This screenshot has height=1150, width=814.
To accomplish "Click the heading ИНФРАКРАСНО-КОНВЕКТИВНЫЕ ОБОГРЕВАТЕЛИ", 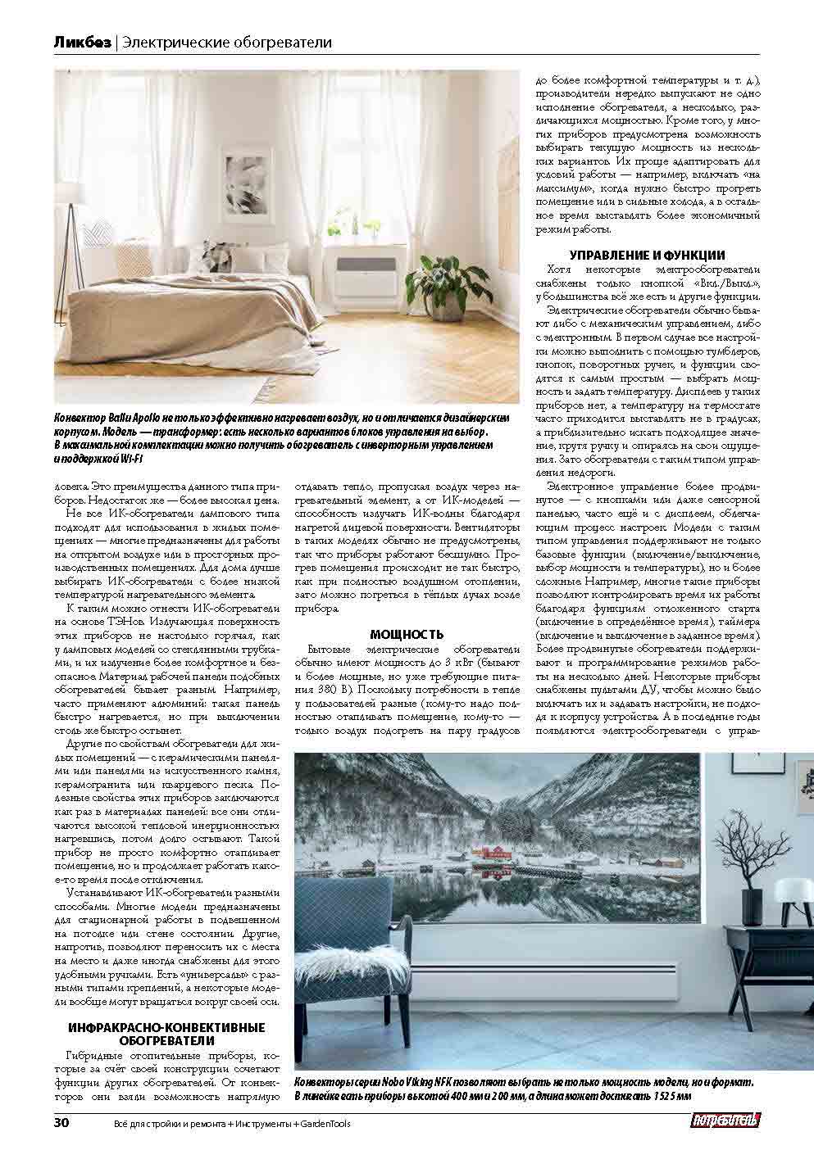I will click(x=166, y=1034).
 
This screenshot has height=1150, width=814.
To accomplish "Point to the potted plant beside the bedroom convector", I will click(x=448, y=282).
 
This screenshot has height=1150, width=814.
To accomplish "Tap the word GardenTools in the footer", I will click(x=325, y=1124).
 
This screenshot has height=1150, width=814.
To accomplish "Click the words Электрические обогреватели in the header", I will click(x=225, y=42).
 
